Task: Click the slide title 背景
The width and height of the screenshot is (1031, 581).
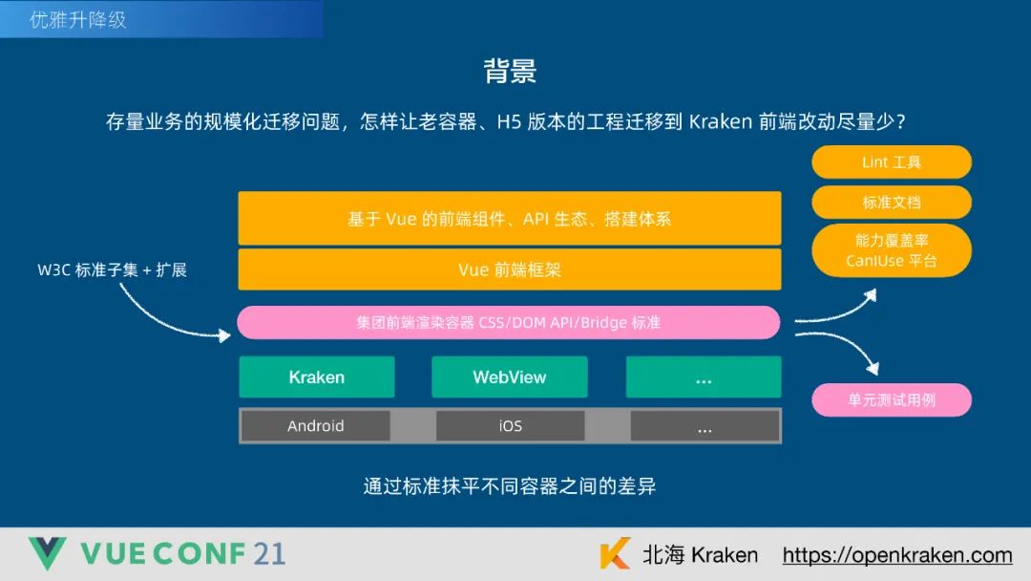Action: point(510,71)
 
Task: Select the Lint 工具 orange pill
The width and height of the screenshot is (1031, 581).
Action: point(891,162)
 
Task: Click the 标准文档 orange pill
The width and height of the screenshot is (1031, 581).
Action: point(891,203)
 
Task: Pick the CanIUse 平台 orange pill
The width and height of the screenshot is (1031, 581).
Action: point(891,250)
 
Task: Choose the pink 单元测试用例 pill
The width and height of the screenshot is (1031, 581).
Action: point(891,400)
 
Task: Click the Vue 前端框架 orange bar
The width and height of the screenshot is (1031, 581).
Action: point(510,269)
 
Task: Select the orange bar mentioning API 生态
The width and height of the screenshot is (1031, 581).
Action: point(510,219)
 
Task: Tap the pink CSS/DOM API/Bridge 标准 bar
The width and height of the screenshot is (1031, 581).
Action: point(508,323)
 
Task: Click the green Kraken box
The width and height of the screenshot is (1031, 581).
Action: point(316,377)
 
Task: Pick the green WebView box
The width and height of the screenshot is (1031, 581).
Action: point(510,377)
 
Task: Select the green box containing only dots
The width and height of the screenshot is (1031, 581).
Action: point(704,377)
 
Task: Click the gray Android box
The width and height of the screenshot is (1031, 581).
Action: point(315,426)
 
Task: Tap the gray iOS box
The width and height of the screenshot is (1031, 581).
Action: point(510,426)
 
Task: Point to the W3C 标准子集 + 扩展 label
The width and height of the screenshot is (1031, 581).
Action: point(112,269)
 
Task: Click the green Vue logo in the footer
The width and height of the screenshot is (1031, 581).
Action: point(46,554)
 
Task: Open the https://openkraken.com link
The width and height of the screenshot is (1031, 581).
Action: point(896,555)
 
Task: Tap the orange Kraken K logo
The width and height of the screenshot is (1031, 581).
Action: point(615,554)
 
